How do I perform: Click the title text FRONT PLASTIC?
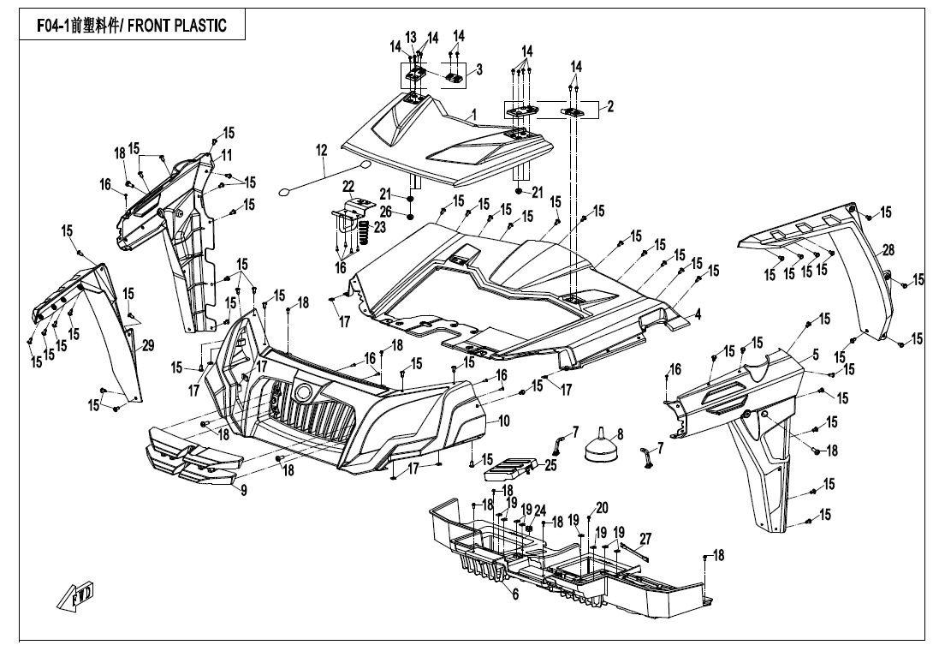(x=177, y=25)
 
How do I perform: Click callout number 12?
(x=321, y=150)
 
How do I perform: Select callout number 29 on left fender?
(x=147, y=346)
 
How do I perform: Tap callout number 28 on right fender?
(x=888, y=250)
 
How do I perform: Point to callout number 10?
(x=504, y=421)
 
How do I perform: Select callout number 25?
(x=550, y=465)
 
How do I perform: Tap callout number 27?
(x=645, y=539)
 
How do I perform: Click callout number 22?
(x=348, y=187)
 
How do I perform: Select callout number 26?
(x=386, y=211)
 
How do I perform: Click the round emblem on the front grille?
(x=303, y=394)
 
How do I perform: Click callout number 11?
(x=227, y=155)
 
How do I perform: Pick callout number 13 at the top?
(x=411, y=37)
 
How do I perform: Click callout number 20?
(x=602, y=507)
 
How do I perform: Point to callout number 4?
(x=698, y=314)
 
